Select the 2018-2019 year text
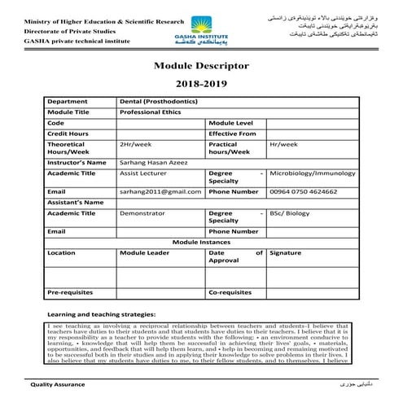pyautogui.click(x=201, y=84)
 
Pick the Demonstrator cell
pyautogui.click(x=143, y=212)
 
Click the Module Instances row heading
pyautogui.click(x=201, y=242)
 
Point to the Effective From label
pyautogui.click(x=234, y=132)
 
